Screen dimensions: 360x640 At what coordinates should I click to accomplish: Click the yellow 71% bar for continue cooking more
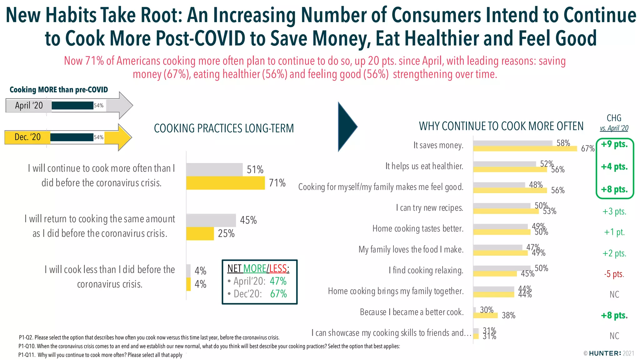(225, 183)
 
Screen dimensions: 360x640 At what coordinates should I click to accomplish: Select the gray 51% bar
(214, 170)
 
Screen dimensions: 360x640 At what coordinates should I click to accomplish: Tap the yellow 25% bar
(200, 233)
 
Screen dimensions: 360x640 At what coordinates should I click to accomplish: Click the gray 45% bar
(211, 220)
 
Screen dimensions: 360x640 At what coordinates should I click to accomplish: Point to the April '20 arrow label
(29, 106)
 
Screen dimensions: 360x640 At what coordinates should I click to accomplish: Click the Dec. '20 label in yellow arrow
(27, 137)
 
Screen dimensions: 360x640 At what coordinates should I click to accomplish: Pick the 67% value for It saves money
(587, 149)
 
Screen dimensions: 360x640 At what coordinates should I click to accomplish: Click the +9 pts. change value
(614, 144)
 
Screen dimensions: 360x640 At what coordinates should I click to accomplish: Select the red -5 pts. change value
(614, 274)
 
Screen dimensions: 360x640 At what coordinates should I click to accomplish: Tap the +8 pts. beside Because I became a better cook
(614, 315)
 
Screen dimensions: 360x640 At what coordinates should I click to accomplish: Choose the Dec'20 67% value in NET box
(278, 294)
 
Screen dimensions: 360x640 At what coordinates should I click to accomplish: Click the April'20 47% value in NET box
(278, 281)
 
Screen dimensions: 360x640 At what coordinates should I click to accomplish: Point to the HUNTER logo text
(605, 353)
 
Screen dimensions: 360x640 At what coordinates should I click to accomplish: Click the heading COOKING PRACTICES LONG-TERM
(224, 128)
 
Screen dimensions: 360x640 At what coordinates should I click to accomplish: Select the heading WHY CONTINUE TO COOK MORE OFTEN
(501, 126)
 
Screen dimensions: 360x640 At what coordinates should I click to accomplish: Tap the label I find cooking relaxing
(426, 270)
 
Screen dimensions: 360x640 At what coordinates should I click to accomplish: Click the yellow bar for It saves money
(525, 149)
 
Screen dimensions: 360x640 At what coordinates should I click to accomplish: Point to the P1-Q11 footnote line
(100, 355)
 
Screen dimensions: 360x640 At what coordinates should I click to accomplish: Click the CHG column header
(614, 118)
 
